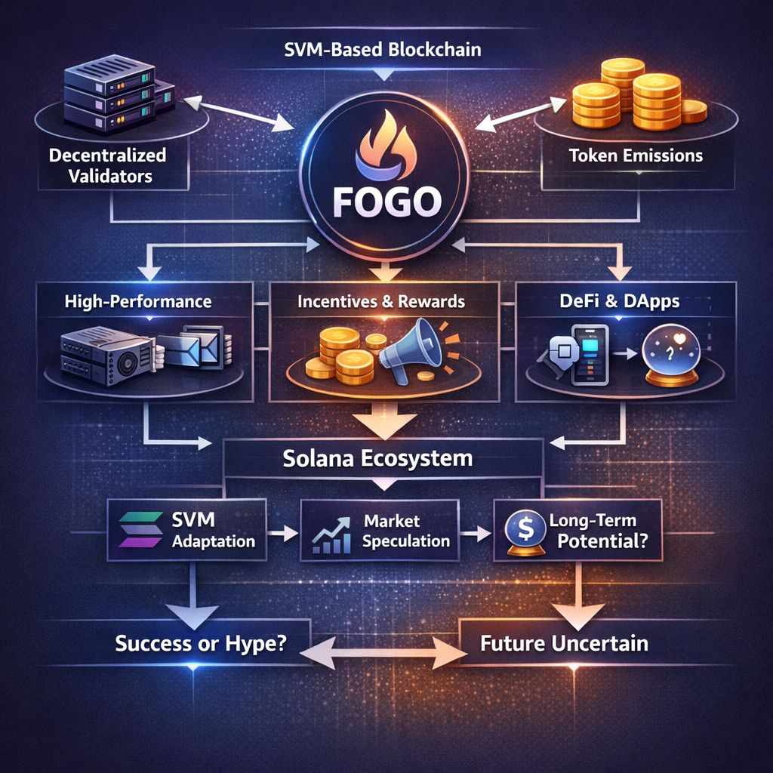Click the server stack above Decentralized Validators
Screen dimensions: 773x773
[x=96, y=96]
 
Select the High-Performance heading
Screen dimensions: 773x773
[x=137, y=302]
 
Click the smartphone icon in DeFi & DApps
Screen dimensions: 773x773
[x=589, y=355]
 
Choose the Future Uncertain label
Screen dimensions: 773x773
[x=564, y=644]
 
